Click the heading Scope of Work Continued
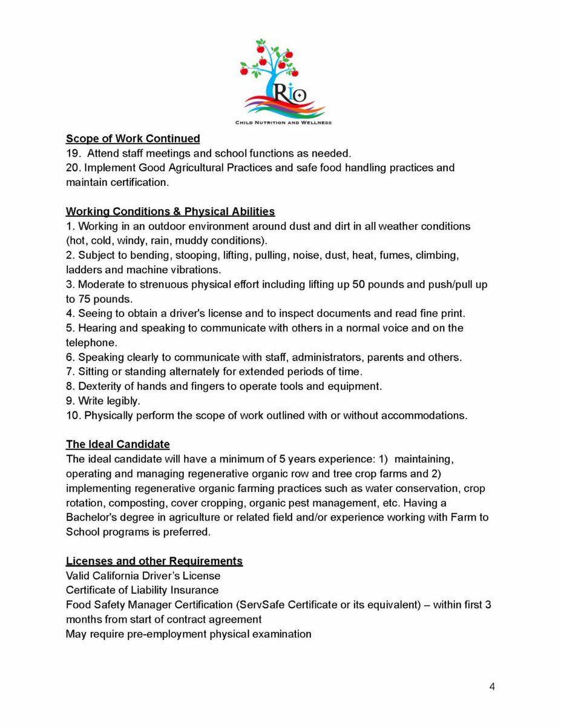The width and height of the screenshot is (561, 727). tap(133, 139)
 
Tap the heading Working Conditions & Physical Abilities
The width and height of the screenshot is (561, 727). tap(170, 211)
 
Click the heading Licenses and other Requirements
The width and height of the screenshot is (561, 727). tap(154, 561)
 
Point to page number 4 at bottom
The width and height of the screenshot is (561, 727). tap(492, 687)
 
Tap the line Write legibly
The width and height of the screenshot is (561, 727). tap(103, 400)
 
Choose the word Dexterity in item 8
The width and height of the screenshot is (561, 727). tap(100, 386)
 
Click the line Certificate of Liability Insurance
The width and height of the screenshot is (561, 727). tap(142, 590)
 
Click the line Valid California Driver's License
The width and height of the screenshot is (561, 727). tap(143, 576)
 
